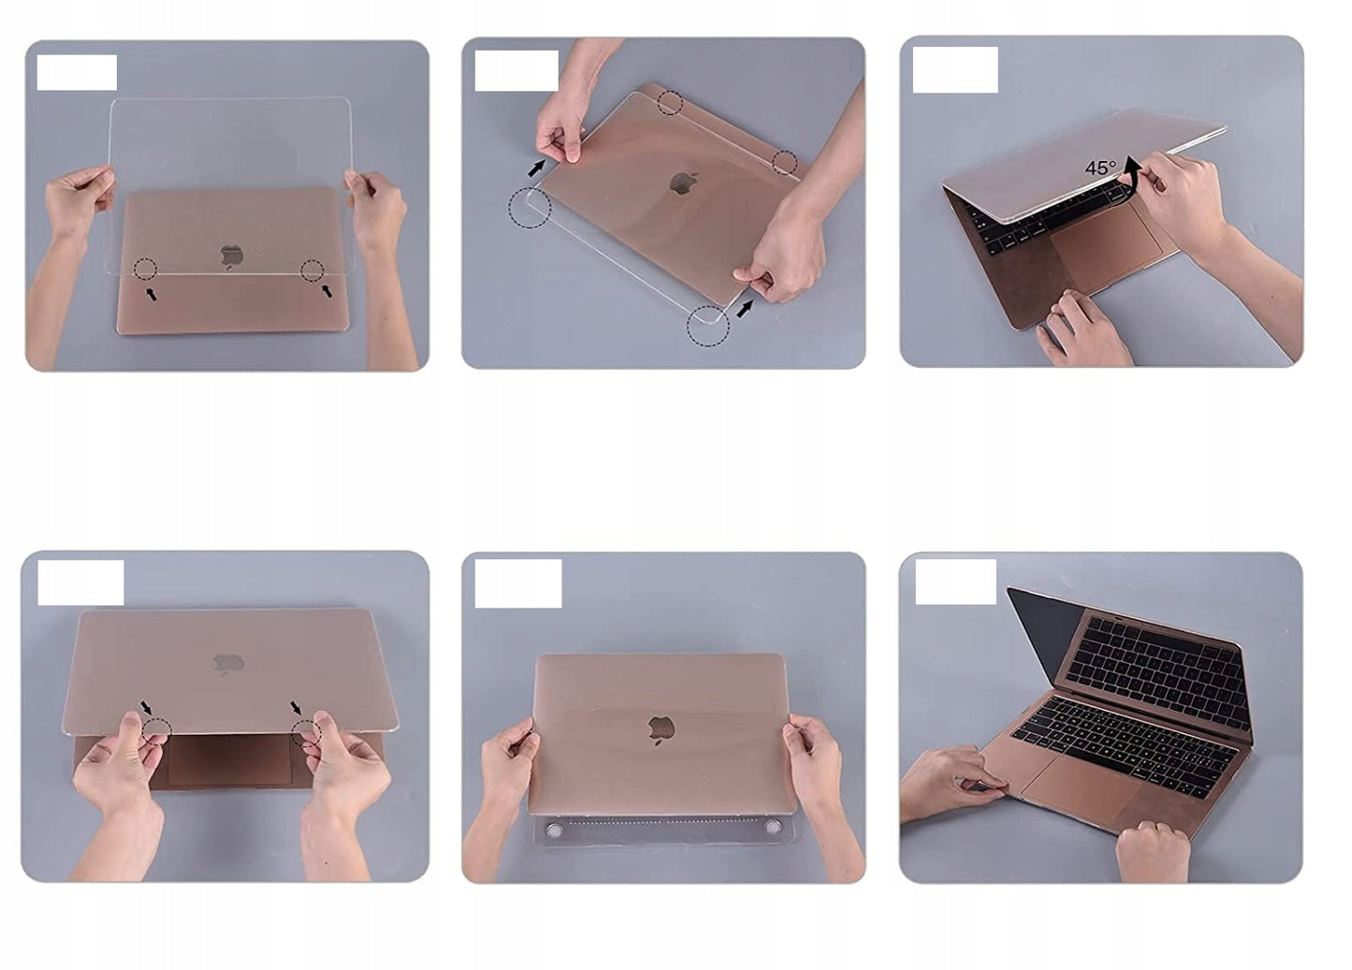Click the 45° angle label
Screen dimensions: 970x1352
tap(1100, 168)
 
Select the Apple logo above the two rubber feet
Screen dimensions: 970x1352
tap(661, 729)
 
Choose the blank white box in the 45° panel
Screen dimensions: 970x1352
tap(955, 69)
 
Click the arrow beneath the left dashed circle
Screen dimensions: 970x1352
tap(151, 294)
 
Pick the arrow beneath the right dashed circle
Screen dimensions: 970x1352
tap(327, 291)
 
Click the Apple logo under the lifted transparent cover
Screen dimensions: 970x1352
tap(231, 254)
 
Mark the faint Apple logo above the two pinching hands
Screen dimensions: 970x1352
tap(228, 663)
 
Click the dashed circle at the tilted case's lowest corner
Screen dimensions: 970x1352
tap(708, 326)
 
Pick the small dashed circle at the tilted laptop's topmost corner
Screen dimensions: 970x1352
tap(669, 102)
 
